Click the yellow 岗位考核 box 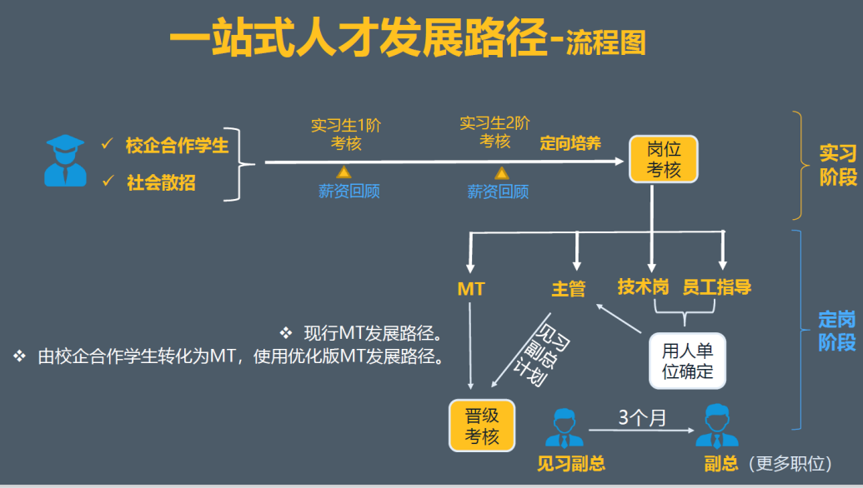coord(664,159)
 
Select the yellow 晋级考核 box coord(481,425)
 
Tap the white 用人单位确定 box coord(688,360)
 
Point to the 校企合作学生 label coord(177,146)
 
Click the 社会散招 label coord(161,182)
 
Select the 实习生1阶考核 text coord(346,134)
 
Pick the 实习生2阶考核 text coord(494,132)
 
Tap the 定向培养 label coord(570,142)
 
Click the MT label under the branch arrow coord(471,289)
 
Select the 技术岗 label coord(643,287)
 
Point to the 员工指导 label coord(716,287)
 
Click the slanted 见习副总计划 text coord(531,353)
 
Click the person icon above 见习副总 coord(564,427)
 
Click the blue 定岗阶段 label coord(837,331)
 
